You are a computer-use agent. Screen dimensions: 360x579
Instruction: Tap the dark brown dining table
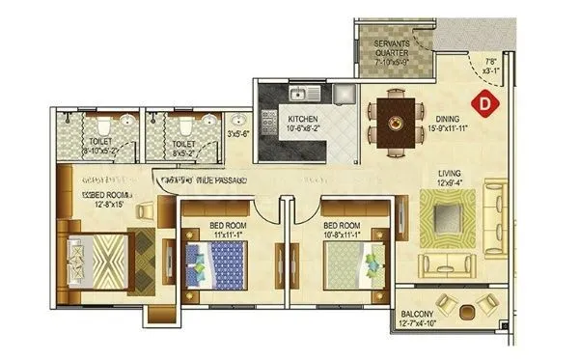tap(396, 123)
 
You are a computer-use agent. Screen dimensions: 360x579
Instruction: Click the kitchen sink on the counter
tap(303, 94)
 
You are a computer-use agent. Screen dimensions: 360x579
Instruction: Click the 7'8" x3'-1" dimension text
tap(491, 68)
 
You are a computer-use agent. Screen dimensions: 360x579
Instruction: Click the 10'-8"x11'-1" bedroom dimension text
tap(346, 234)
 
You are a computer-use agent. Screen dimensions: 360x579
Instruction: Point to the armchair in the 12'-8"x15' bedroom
tap(144, 211)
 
